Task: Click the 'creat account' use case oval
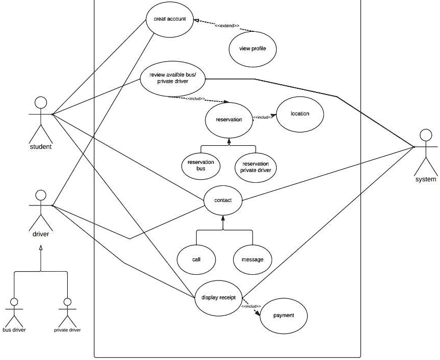coord(169,20)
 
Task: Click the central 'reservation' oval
coord(229,120)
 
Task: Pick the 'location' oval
coord(300,114)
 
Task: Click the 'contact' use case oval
coord(223,200)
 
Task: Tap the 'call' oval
coord(196,259)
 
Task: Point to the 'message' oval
coord(252,259)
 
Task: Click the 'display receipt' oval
coord(219,297)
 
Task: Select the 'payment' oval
coord(284,315)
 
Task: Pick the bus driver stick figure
coord(14,310)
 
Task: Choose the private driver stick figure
coord(66,310)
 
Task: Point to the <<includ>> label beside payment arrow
coord(251,306)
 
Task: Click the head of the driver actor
coord(41,195)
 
